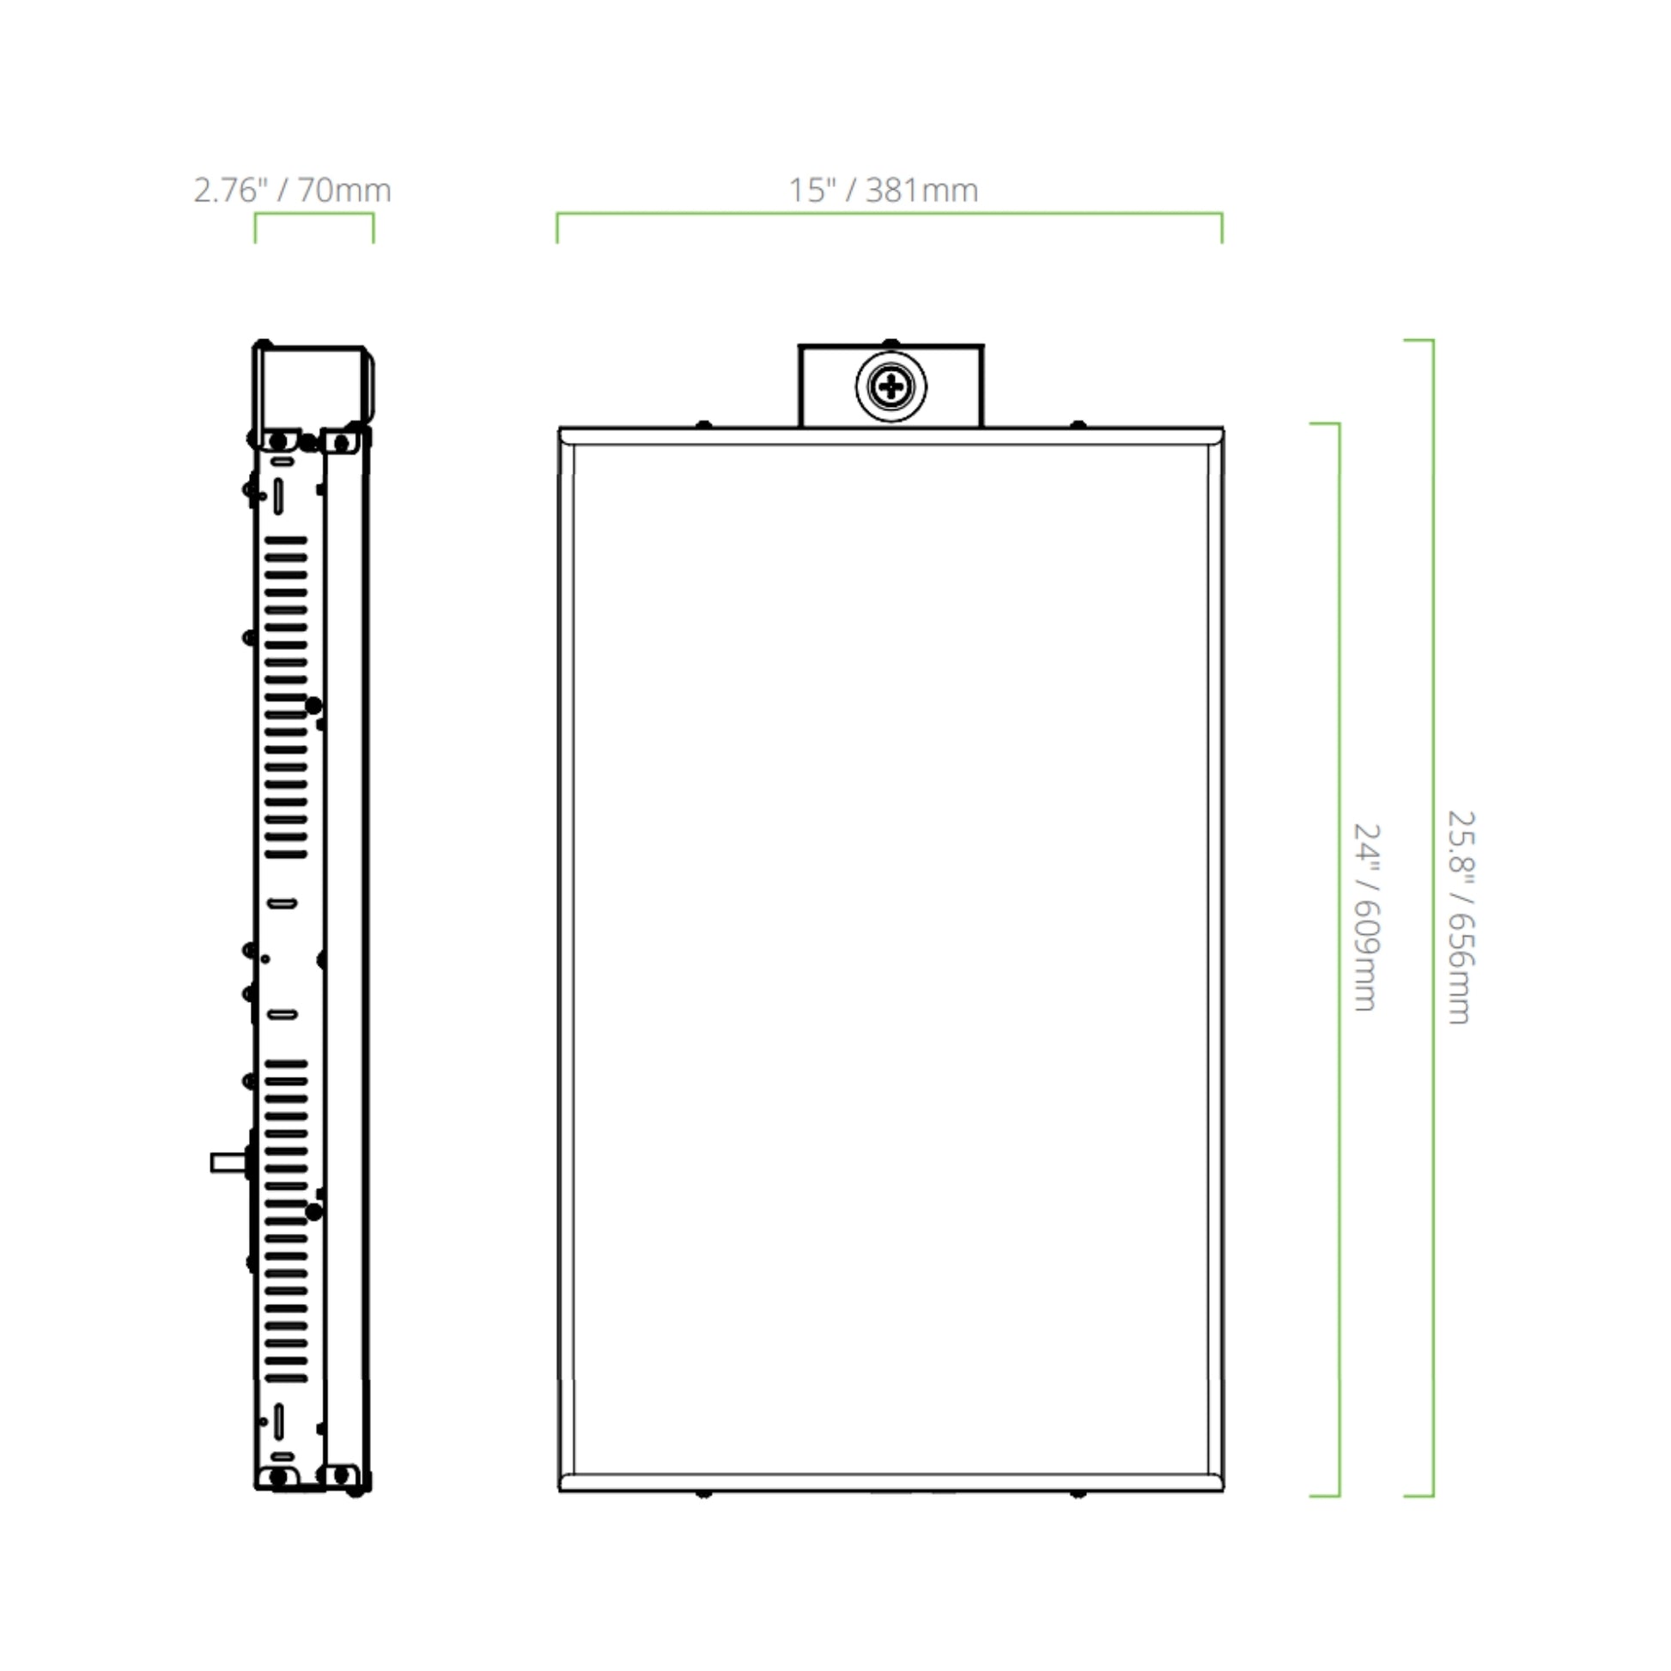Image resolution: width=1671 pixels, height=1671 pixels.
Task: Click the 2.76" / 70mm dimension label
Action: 291,191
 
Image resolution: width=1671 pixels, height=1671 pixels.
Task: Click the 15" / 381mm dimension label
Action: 882,191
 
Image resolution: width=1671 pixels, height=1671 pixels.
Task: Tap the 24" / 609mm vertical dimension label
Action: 1365,917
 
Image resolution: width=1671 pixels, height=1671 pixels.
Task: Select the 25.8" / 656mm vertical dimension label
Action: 1461,917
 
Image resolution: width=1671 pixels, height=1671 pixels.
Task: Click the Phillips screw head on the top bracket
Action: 890,386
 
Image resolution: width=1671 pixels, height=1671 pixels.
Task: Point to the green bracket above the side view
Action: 313,215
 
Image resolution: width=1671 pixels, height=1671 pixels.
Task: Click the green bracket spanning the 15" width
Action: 889,214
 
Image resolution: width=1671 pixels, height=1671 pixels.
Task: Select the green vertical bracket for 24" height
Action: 1338,960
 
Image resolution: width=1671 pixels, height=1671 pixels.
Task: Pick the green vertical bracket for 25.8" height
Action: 1432,917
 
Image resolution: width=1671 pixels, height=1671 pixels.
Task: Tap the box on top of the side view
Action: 313,385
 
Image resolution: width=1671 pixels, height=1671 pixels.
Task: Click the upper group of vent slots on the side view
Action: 285,696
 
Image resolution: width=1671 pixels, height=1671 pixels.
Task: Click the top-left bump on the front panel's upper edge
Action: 704,425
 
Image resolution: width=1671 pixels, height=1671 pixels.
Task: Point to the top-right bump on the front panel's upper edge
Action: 1078,425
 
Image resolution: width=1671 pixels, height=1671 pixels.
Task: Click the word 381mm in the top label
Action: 921,191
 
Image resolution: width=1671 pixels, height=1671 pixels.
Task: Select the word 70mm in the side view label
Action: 344,191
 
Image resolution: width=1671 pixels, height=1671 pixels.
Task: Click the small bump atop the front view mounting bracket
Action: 890,343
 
